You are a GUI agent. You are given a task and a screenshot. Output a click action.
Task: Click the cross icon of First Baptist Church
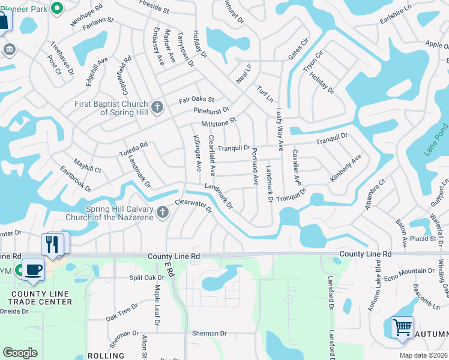157,107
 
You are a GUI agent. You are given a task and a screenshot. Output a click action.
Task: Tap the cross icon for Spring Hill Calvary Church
162,212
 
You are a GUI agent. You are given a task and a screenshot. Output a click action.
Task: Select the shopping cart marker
402,328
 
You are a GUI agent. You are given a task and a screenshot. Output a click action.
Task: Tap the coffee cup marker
33,269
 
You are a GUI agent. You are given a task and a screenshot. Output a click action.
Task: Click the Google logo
20,353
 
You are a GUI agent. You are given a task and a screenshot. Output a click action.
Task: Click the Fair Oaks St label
196,101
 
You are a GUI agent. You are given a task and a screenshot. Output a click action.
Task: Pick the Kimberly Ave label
345,169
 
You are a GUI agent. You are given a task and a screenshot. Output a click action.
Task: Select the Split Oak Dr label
146,278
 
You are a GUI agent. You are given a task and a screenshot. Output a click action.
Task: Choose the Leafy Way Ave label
279,129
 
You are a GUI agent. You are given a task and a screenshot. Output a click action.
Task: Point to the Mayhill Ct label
88,166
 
